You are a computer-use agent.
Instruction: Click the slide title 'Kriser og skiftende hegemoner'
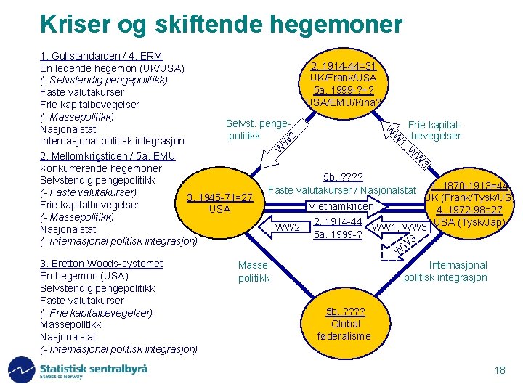click(221, 24)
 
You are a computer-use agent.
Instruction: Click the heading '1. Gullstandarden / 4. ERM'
click(101, 56)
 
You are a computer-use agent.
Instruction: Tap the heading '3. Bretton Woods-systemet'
click(101, 264)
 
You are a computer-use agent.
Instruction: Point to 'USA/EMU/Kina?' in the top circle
click(342, 102)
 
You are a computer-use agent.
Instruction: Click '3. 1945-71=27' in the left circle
click(219, 197)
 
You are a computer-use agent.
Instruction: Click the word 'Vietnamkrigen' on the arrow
click(341, 206)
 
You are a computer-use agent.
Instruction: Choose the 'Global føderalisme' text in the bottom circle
click(344, 330)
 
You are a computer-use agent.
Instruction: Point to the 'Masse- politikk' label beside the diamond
click(254, 272)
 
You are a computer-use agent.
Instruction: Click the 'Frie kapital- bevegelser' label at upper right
click(436, 130)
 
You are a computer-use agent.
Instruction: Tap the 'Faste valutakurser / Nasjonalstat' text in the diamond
click(341, 190)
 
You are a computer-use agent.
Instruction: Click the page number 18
click(499, 371)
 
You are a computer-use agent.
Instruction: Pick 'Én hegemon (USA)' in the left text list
click(84, 276)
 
